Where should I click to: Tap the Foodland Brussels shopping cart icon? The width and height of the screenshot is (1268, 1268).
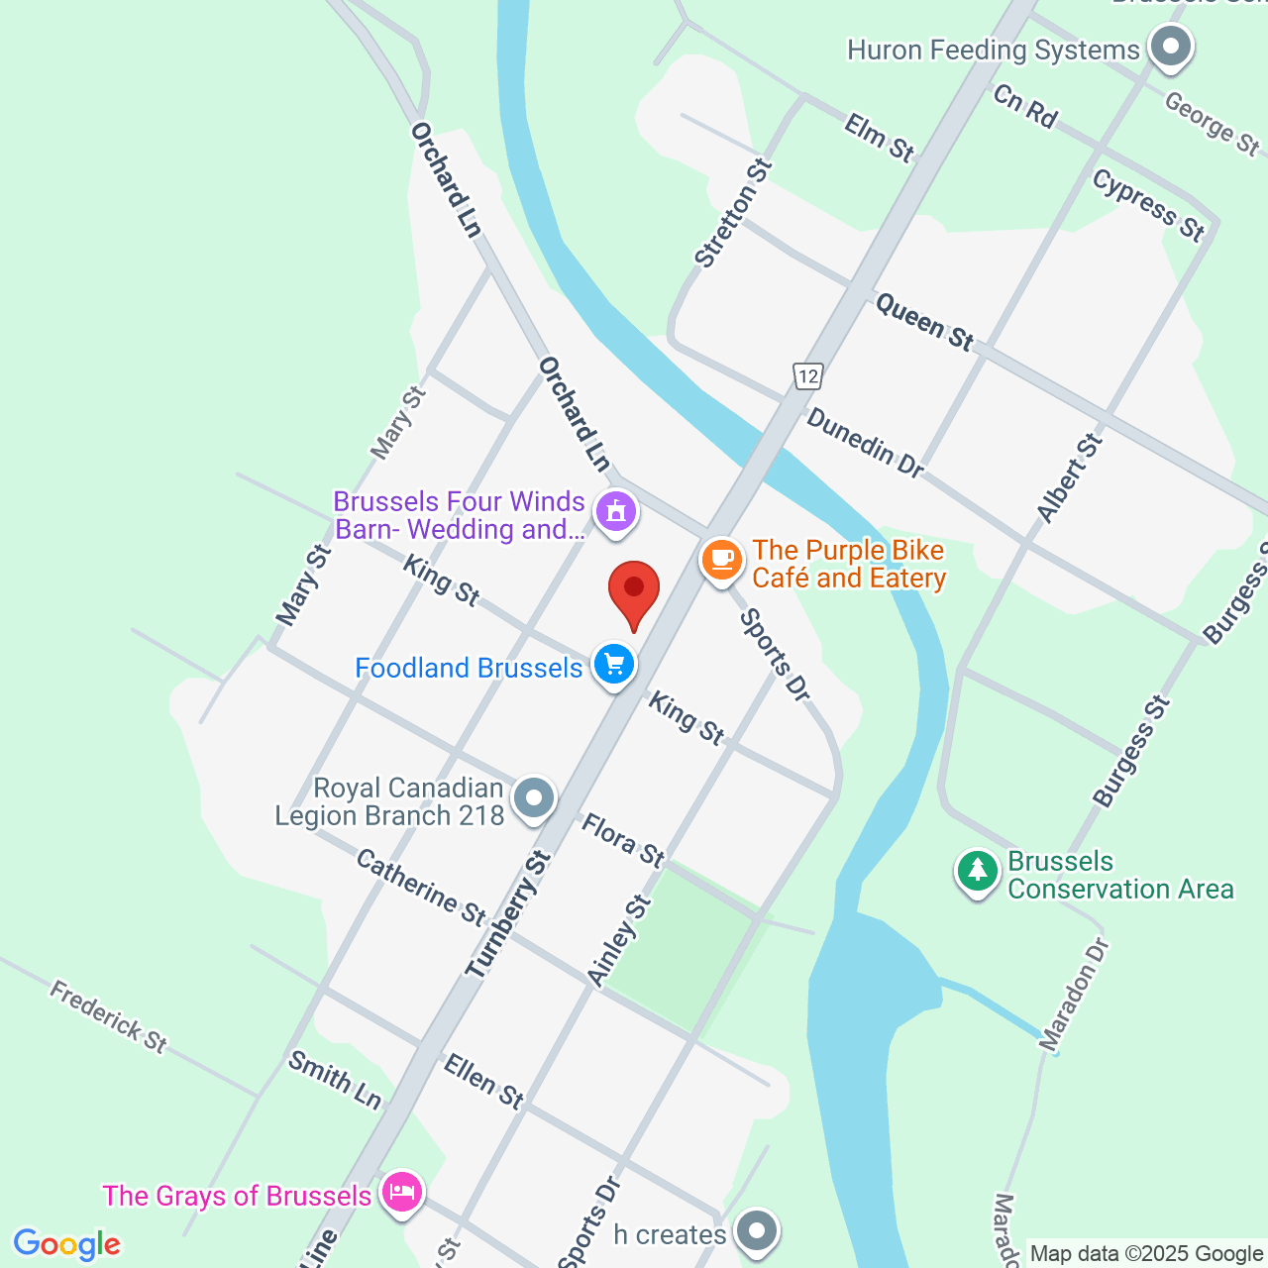(x=614, y=664)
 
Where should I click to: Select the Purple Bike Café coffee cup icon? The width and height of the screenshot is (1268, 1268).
(x=722, y=559)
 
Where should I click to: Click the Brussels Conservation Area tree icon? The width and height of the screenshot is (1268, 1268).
(x=978, y=871)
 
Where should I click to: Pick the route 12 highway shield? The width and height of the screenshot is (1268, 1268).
(x=808, y=376)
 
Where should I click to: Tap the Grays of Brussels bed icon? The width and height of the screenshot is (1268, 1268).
(x=401, y=1192)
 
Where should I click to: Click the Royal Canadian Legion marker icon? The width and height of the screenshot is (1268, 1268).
(x=535, y=797)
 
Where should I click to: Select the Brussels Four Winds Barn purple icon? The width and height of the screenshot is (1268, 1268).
(x=616, y=511)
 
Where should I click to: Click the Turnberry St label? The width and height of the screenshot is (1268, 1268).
(x=508, y=915)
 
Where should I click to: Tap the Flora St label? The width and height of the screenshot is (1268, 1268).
(x=623, y=840)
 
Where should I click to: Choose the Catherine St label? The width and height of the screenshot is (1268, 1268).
(x=421, y=887)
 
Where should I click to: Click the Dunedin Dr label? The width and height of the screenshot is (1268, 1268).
(x=865, y=443)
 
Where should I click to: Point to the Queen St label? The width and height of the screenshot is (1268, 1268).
(x=925, y=322)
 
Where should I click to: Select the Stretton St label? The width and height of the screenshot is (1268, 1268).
(x=733, y=213)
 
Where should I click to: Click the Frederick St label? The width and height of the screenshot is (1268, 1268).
(x=109, y=1016)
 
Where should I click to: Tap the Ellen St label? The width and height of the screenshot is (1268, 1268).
(x=483, y=1081)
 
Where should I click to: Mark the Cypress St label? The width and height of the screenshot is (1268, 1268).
(x=1149, y=205)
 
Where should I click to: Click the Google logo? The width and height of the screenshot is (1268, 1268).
(x=67, y=1244)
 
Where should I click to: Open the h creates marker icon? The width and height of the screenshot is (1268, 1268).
(x=758, y=1232)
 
